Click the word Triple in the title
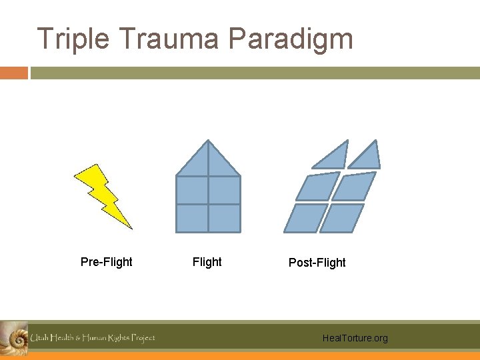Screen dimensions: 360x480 click(x=73, y=39)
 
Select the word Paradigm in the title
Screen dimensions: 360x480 click(x=291, y=40)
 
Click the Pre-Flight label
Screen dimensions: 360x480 click(x=106, y=262)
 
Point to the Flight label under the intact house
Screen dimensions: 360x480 click(x=207, y=262)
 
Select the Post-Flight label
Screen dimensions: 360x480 click(x=317, y=263)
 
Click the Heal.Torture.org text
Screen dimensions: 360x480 click(x=354, y=339)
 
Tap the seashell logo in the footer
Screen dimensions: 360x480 click(x=13, y=337)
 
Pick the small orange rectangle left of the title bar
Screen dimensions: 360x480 click(x=13, y=73)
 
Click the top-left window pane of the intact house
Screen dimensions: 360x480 click(x=192, y=190)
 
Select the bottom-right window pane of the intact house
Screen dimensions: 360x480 click(x=224, y=218)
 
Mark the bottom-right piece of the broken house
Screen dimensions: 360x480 click(x=342, y=218)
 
